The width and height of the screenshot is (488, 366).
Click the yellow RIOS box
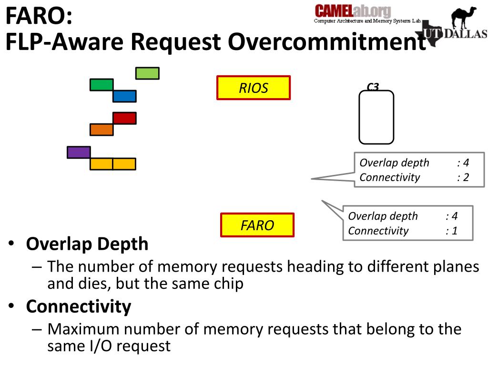(x=254, y=88)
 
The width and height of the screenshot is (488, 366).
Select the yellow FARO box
(x=257, y=225)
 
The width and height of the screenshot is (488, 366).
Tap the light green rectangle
(x=147, y=73)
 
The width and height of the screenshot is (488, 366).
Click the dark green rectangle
(x=102, y=85)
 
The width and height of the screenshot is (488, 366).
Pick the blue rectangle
(x=124, y=96)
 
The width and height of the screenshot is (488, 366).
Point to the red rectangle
(x=124, y=118)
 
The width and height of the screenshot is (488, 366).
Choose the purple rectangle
(x=79, y=152)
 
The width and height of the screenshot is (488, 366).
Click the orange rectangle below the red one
(x=102, y=130)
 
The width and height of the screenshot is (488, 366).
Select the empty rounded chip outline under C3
(x=376, y=117)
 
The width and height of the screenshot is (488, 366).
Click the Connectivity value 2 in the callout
(x=466, y=178)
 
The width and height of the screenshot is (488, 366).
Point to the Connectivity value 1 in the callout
(x=454, y=231)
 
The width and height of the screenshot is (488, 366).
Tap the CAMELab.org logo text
(x=353, y=11)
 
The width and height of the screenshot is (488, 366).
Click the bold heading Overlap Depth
(x=87, y=244)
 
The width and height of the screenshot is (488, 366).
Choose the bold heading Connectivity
(x=79, y=306)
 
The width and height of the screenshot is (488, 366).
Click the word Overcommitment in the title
(x=326, y=42)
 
